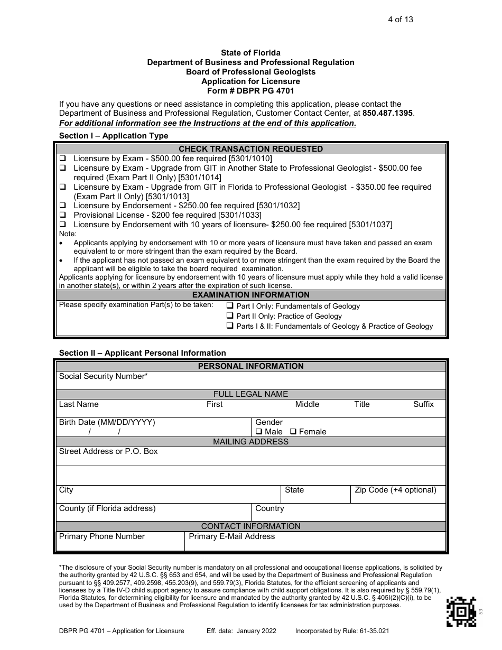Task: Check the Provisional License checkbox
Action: coord(62,215)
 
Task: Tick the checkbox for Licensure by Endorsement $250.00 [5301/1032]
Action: coord(62,206)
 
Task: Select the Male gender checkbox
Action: coord(259,432)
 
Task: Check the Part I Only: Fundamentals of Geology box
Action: coord(230,306)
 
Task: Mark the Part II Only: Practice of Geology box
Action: coord(230,316)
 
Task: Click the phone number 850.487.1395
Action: coord(388,114)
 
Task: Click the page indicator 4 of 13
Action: coord(401,20)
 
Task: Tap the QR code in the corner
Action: coord(461,611)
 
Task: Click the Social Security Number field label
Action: coord(104,376)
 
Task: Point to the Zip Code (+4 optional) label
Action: coord(395,490)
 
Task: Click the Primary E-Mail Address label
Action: coord(231,536)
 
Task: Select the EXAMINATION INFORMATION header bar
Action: coord(250,295)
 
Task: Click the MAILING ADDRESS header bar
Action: coord(250,442)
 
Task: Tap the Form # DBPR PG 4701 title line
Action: coord(250,91)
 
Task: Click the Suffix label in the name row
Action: coord(423,404)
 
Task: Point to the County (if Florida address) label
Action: coord(107,508)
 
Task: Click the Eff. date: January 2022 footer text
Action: coord(241,631)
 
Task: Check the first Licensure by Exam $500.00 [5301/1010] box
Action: coord(62,159)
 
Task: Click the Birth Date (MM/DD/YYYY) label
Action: coord(107,422)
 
